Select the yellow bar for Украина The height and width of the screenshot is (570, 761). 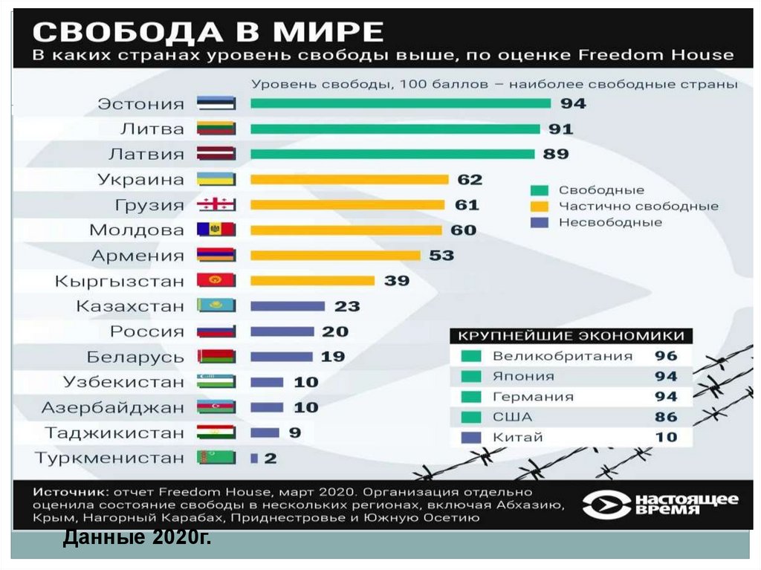pos(349,179)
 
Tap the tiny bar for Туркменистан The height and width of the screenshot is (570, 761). pos(254,458)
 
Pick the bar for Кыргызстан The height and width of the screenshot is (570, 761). pos(312,280)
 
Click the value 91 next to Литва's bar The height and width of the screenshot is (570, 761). pos(561,129)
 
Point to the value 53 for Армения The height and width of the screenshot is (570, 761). pos(441,255)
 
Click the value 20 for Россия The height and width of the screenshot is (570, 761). pos(335,331)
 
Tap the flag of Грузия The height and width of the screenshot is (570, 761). pos(216,205)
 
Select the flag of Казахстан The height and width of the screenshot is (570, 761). pos(216,305)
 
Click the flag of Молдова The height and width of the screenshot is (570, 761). pos(216,230)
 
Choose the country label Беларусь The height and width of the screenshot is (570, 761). pos(135,357)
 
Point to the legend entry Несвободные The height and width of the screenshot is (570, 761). pos(610,221)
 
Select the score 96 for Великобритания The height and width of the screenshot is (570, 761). pos(666,355)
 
